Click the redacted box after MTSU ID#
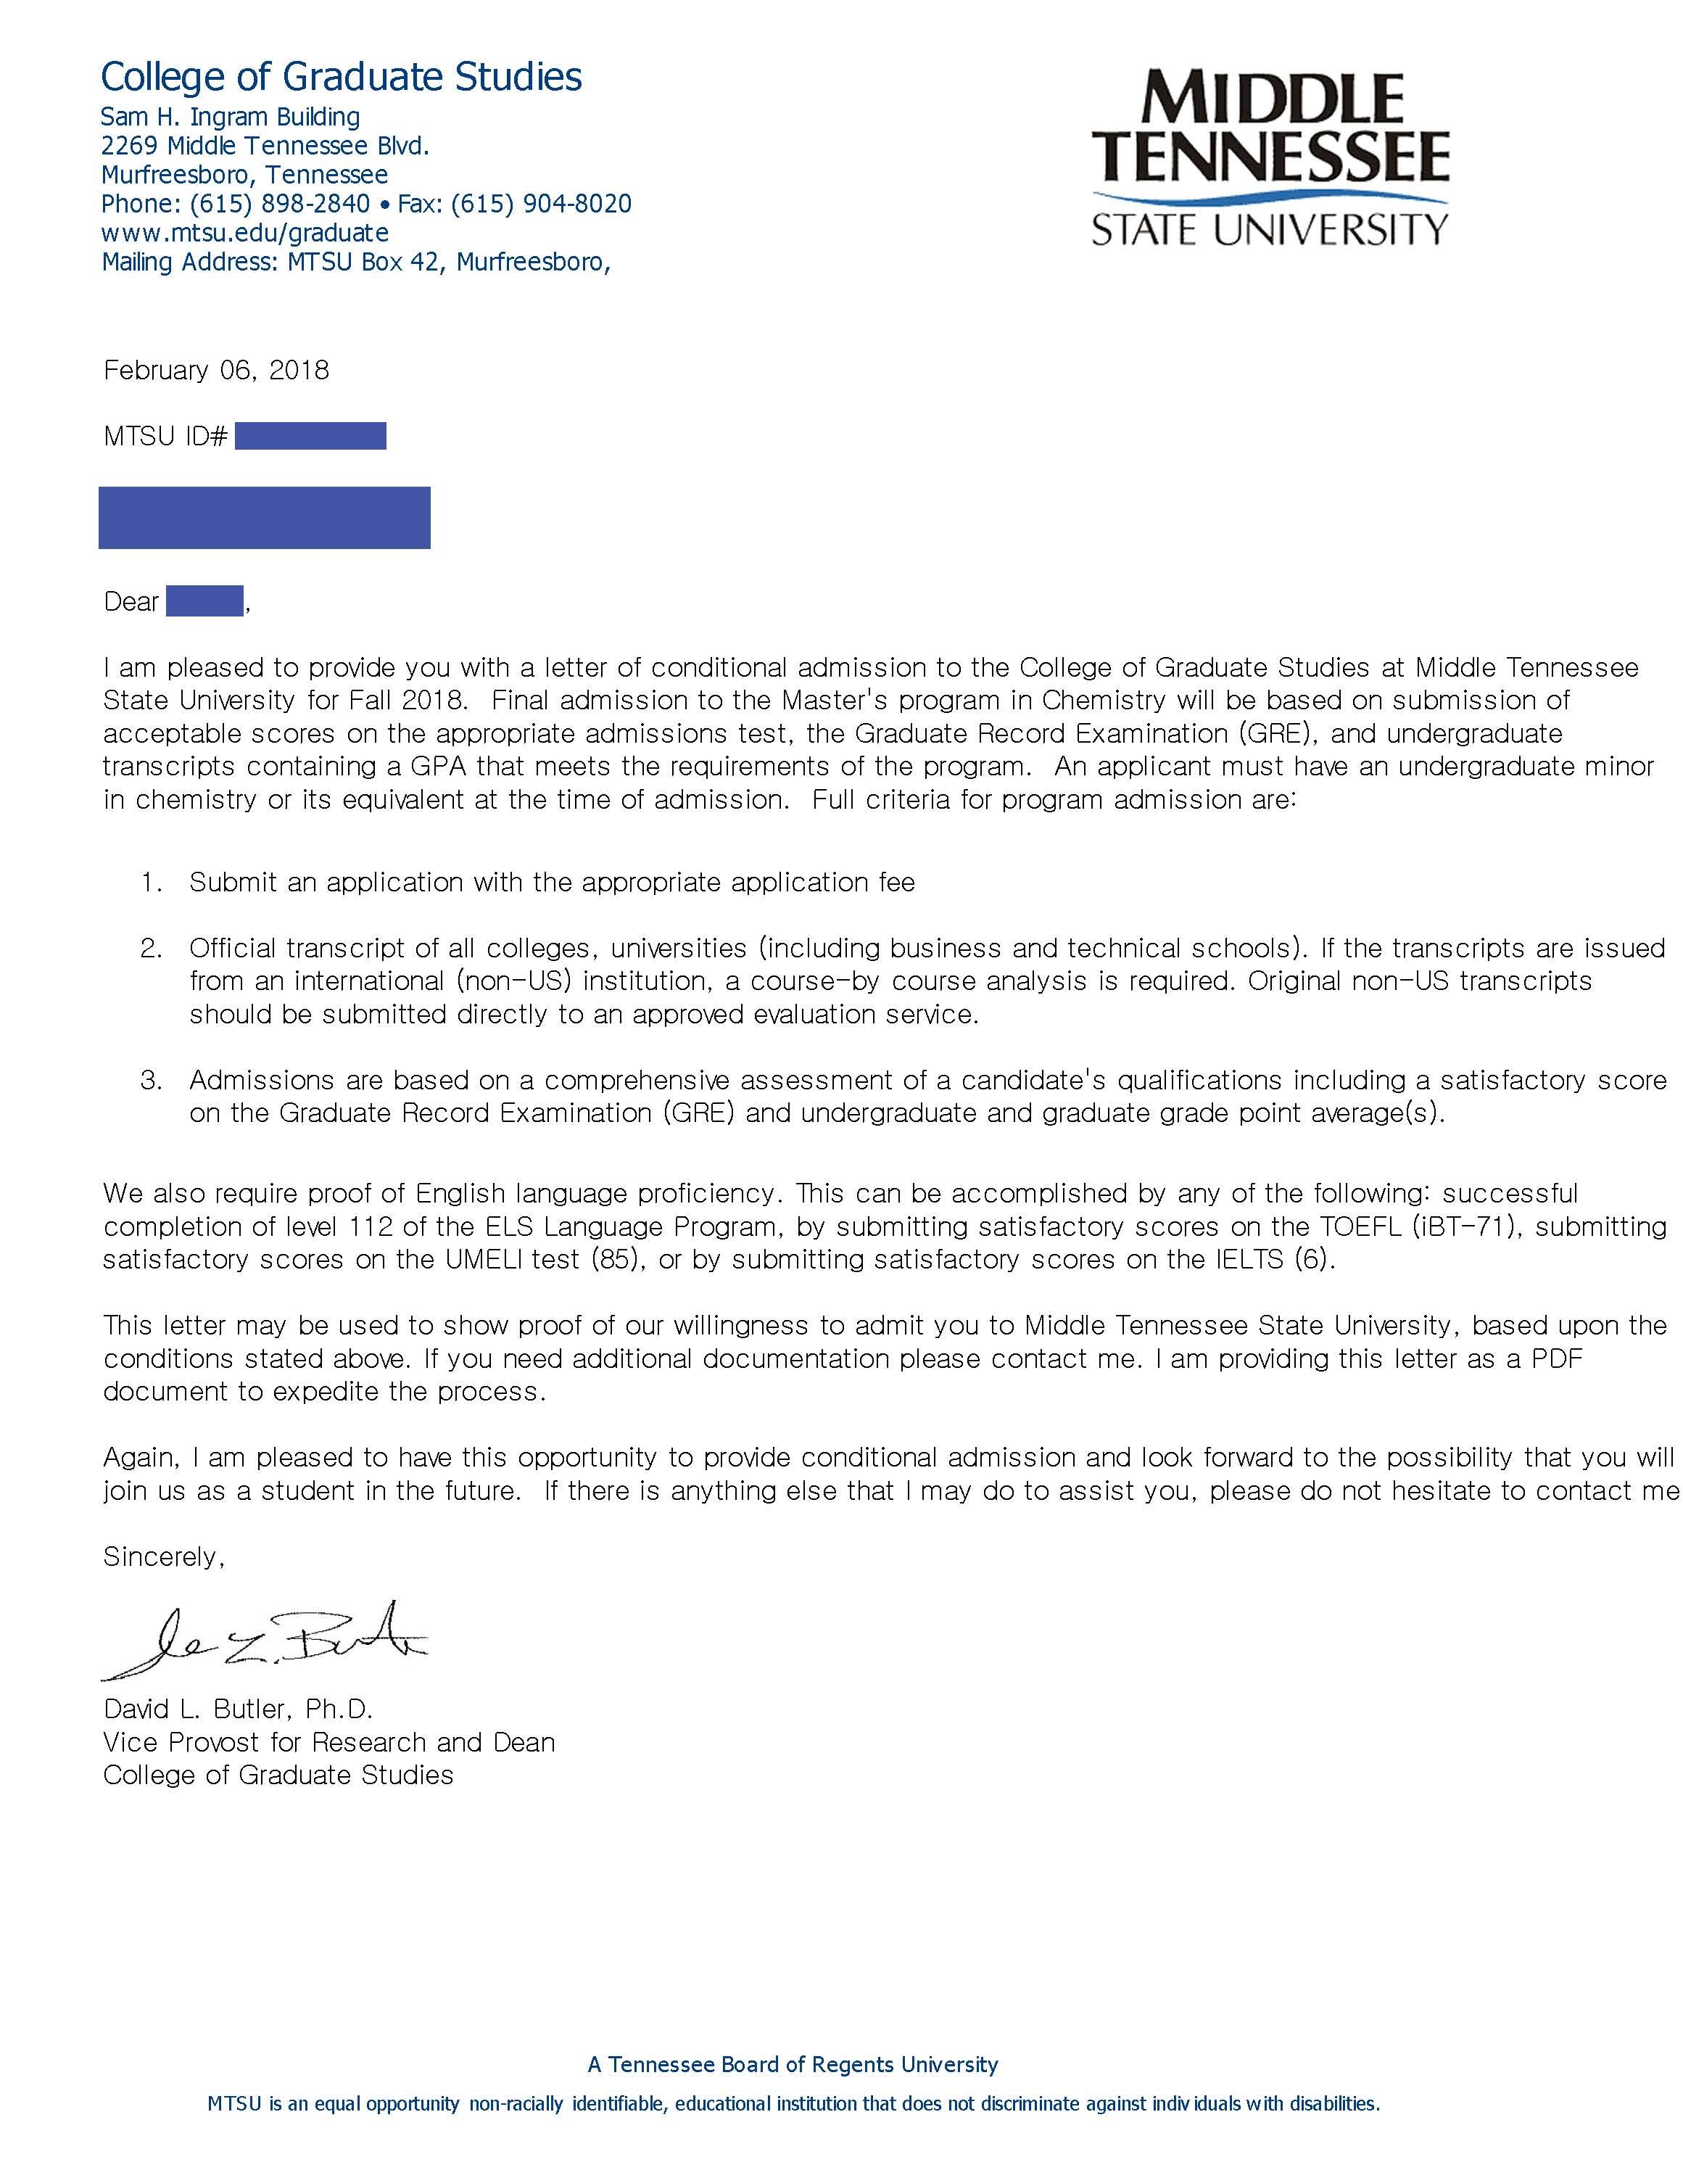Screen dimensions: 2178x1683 [310, 436]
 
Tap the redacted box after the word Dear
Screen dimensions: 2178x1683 [204, 601]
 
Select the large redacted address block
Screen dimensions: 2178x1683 [264, 518]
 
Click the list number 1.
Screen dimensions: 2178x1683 [151, 883]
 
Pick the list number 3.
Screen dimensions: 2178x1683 [151, 1080]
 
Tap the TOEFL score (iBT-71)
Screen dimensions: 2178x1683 [1465, 1226]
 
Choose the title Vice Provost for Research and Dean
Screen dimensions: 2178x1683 [329, 1742]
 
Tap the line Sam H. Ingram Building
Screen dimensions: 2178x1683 [231, 117]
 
